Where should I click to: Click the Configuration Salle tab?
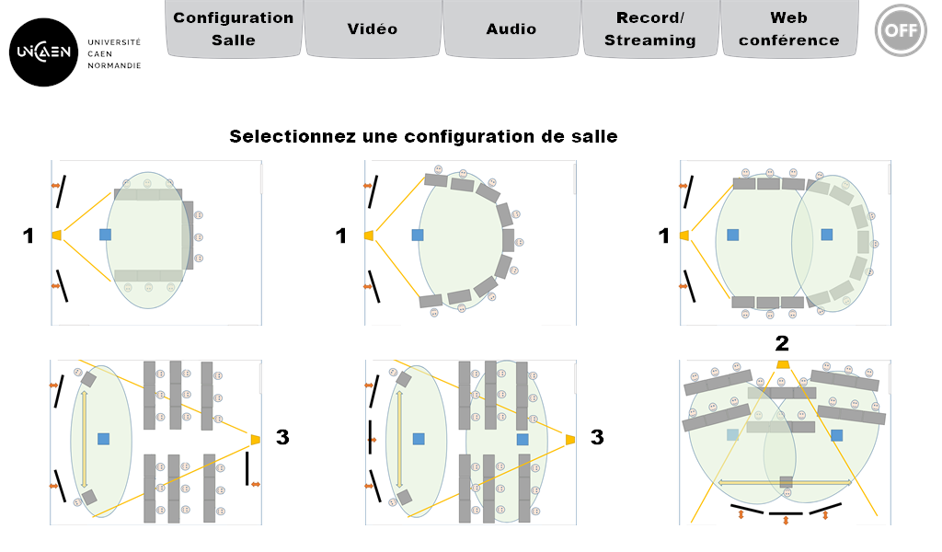(234, 29)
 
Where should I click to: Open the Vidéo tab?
(373, 29)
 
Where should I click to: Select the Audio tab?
(511, 29)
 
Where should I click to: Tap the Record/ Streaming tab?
(650, 29)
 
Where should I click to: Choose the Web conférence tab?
(788, 29)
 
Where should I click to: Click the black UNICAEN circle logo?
(44, 52)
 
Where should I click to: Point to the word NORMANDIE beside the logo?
(114, 65)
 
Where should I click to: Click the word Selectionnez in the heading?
(293, 136)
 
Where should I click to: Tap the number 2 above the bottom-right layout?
(782, 343)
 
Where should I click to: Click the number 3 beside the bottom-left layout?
(282, 437)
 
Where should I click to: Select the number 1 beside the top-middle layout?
(341, 236)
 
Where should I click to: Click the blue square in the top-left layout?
(105, 235)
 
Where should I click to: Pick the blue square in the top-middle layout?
(418, 235)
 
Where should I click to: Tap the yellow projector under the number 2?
(782, 364)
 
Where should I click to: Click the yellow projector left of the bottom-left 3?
(256, 440)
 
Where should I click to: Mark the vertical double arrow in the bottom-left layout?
(84, 440)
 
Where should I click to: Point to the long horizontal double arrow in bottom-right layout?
(786, 482)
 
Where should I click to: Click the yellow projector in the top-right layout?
(684, 236)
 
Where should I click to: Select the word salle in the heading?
(594, 136)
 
